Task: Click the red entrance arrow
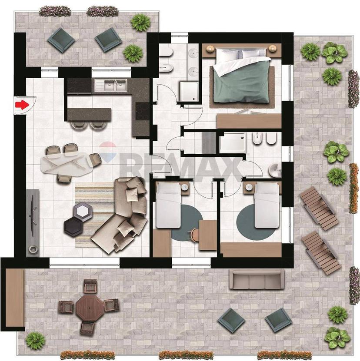pyautogui.click(x=22, y=105)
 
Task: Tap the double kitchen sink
pyautogui.click(x=116, y=85)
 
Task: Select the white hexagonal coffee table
pyautogui.click(x=83, y=210)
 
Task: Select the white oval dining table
pyautogui.click(x=67, y=162)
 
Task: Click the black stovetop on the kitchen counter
pyautogui.click(x=143, y=111)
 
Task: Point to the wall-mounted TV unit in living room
pyautogui.click(x=33, y=222)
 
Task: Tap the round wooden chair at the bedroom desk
pyautogui.click(x=195, y=235)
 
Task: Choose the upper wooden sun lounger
pyautogui.click(x=319, y=209)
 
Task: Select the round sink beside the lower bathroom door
pyautogui.click(x=275, y=170)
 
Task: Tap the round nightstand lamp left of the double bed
pyautogui.click(x=210, y=49)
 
